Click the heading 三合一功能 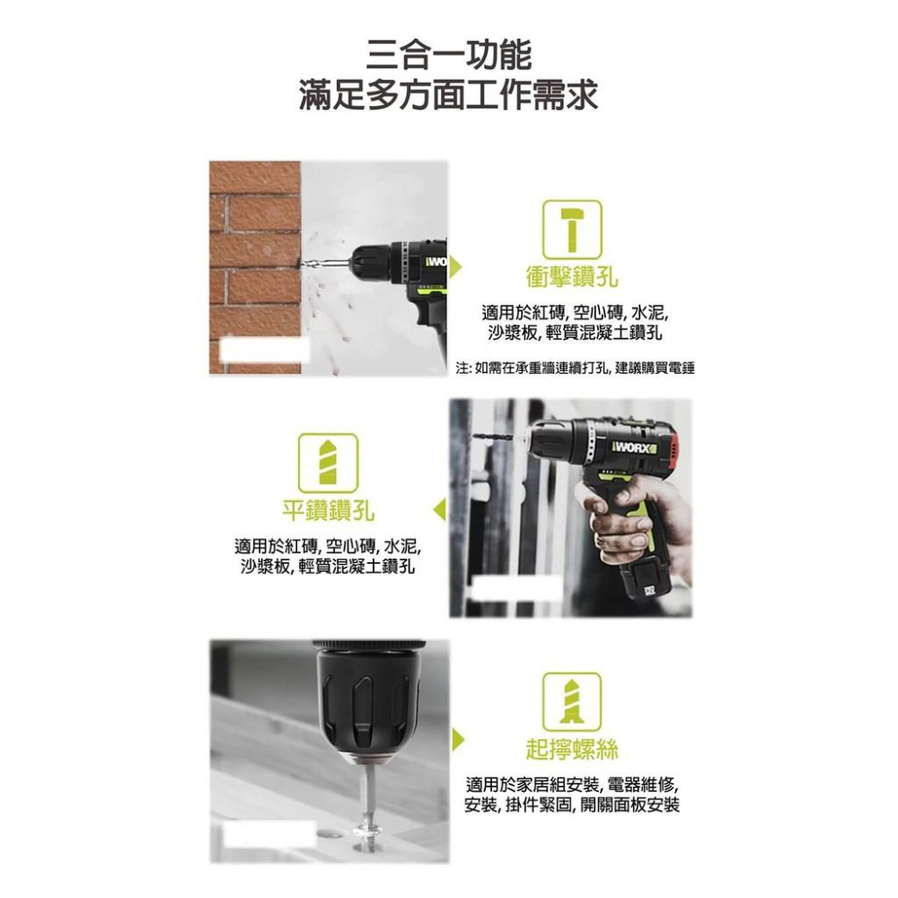[449, 54]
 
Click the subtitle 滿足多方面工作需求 [449, 94]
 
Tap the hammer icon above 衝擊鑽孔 [572, 230]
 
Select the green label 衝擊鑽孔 [572, 277]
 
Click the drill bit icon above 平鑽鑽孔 [328, 463]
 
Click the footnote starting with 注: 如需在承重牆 [576, 368]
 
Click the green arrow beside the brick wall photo [458, 266]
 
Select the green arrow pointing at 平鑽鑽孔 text [439, 510]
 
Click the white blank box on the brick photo [260, 351]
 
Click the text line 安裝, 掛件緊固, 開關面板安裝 [572, 805]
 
